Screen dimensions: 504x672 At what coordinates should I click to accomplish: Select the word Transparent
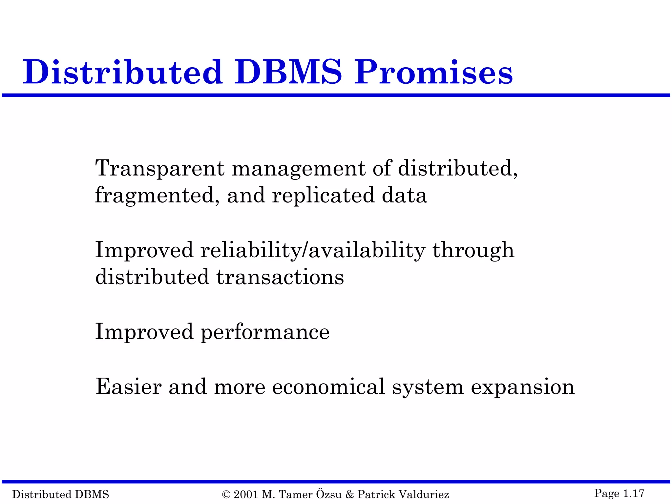[160, 168]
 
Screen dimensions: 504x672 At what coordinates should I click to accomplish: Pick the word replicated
[323, 196]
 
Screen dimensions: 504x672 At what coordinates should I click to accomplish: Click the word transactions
[280, 277]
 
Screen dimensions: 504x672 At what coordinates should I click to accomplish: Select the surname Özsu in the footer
[329, 494]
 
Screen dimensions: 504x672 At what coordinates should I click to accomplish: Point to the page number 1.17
[634, 493]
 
